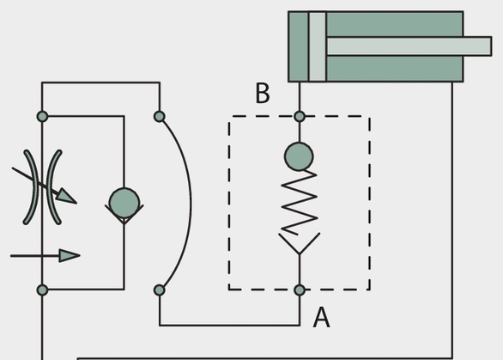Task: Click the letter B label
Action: tap(263, 93)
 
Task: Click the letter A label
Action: tap(321, 317)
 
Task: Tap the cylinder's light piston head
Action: tap(318, 46)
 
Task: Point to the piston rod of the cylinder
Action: tap(409, 46)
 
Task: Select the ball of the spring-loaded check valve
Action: tap(299, 156)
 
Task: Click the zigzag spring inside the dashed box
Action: tap(300, 203)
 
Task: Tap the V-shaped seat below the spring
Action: tap(300, 244)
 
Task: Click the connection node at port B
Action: tap(300, 116)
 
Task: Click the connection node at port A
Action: tap(300, 290)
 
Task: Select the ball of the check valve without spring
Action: tap(124, 203)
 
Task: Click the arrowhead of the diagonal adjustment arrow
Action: tap(66, 196)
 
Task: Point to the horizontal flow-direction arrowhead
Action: tap(70, 256)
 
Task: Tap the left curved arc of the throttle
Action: tap(31, 187)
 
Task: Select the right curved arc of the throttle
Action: tap(53, 187)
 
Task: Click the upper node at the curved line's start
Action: tap(160, 116)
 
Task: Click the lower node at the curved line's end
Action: tap(160, 290)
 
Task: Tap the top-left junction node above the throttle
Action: tap(42, 116)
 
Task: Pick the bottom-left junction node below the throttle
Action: tap(42, 290)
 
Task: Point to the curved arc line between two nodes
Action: tap(191, 203)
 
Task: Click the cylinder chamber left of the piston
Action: tap(299, 46)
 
